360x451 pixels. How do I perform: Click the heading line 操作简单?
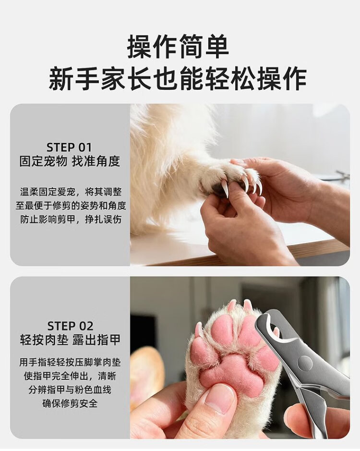click(178, 47)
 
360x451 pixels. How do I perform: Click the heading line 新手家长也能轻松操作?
click(178, 78)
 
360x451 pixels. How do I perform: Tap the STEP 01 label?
click(69, 147)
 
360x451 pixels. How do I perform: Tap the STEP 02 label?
click(71, 326)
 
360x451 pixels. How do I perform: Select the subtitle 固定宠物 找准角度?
click(70, 162)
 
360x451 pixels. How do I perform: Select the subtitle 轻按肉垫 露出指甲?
click(70, 340)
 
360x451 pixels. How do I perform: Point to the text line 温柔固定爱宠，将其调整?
click(71, 192)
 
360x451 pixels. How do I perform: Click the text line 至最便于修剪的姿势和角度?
click(71, 206)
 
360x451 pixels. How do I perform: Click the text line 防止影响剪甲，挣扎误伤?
click(71, 219)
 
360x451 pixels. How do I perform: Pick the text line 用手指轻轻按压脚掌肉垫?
click(70, 362)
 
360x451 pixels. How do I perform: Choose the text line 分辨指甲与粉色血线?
click(70, 390)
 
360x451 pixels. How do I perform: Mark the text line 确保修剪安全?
click(70, 403)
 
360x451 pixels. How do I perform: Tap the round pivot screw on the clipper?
click(305, 363)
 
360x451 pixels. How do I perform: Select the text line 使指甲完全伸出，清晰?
click(70, 376)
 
